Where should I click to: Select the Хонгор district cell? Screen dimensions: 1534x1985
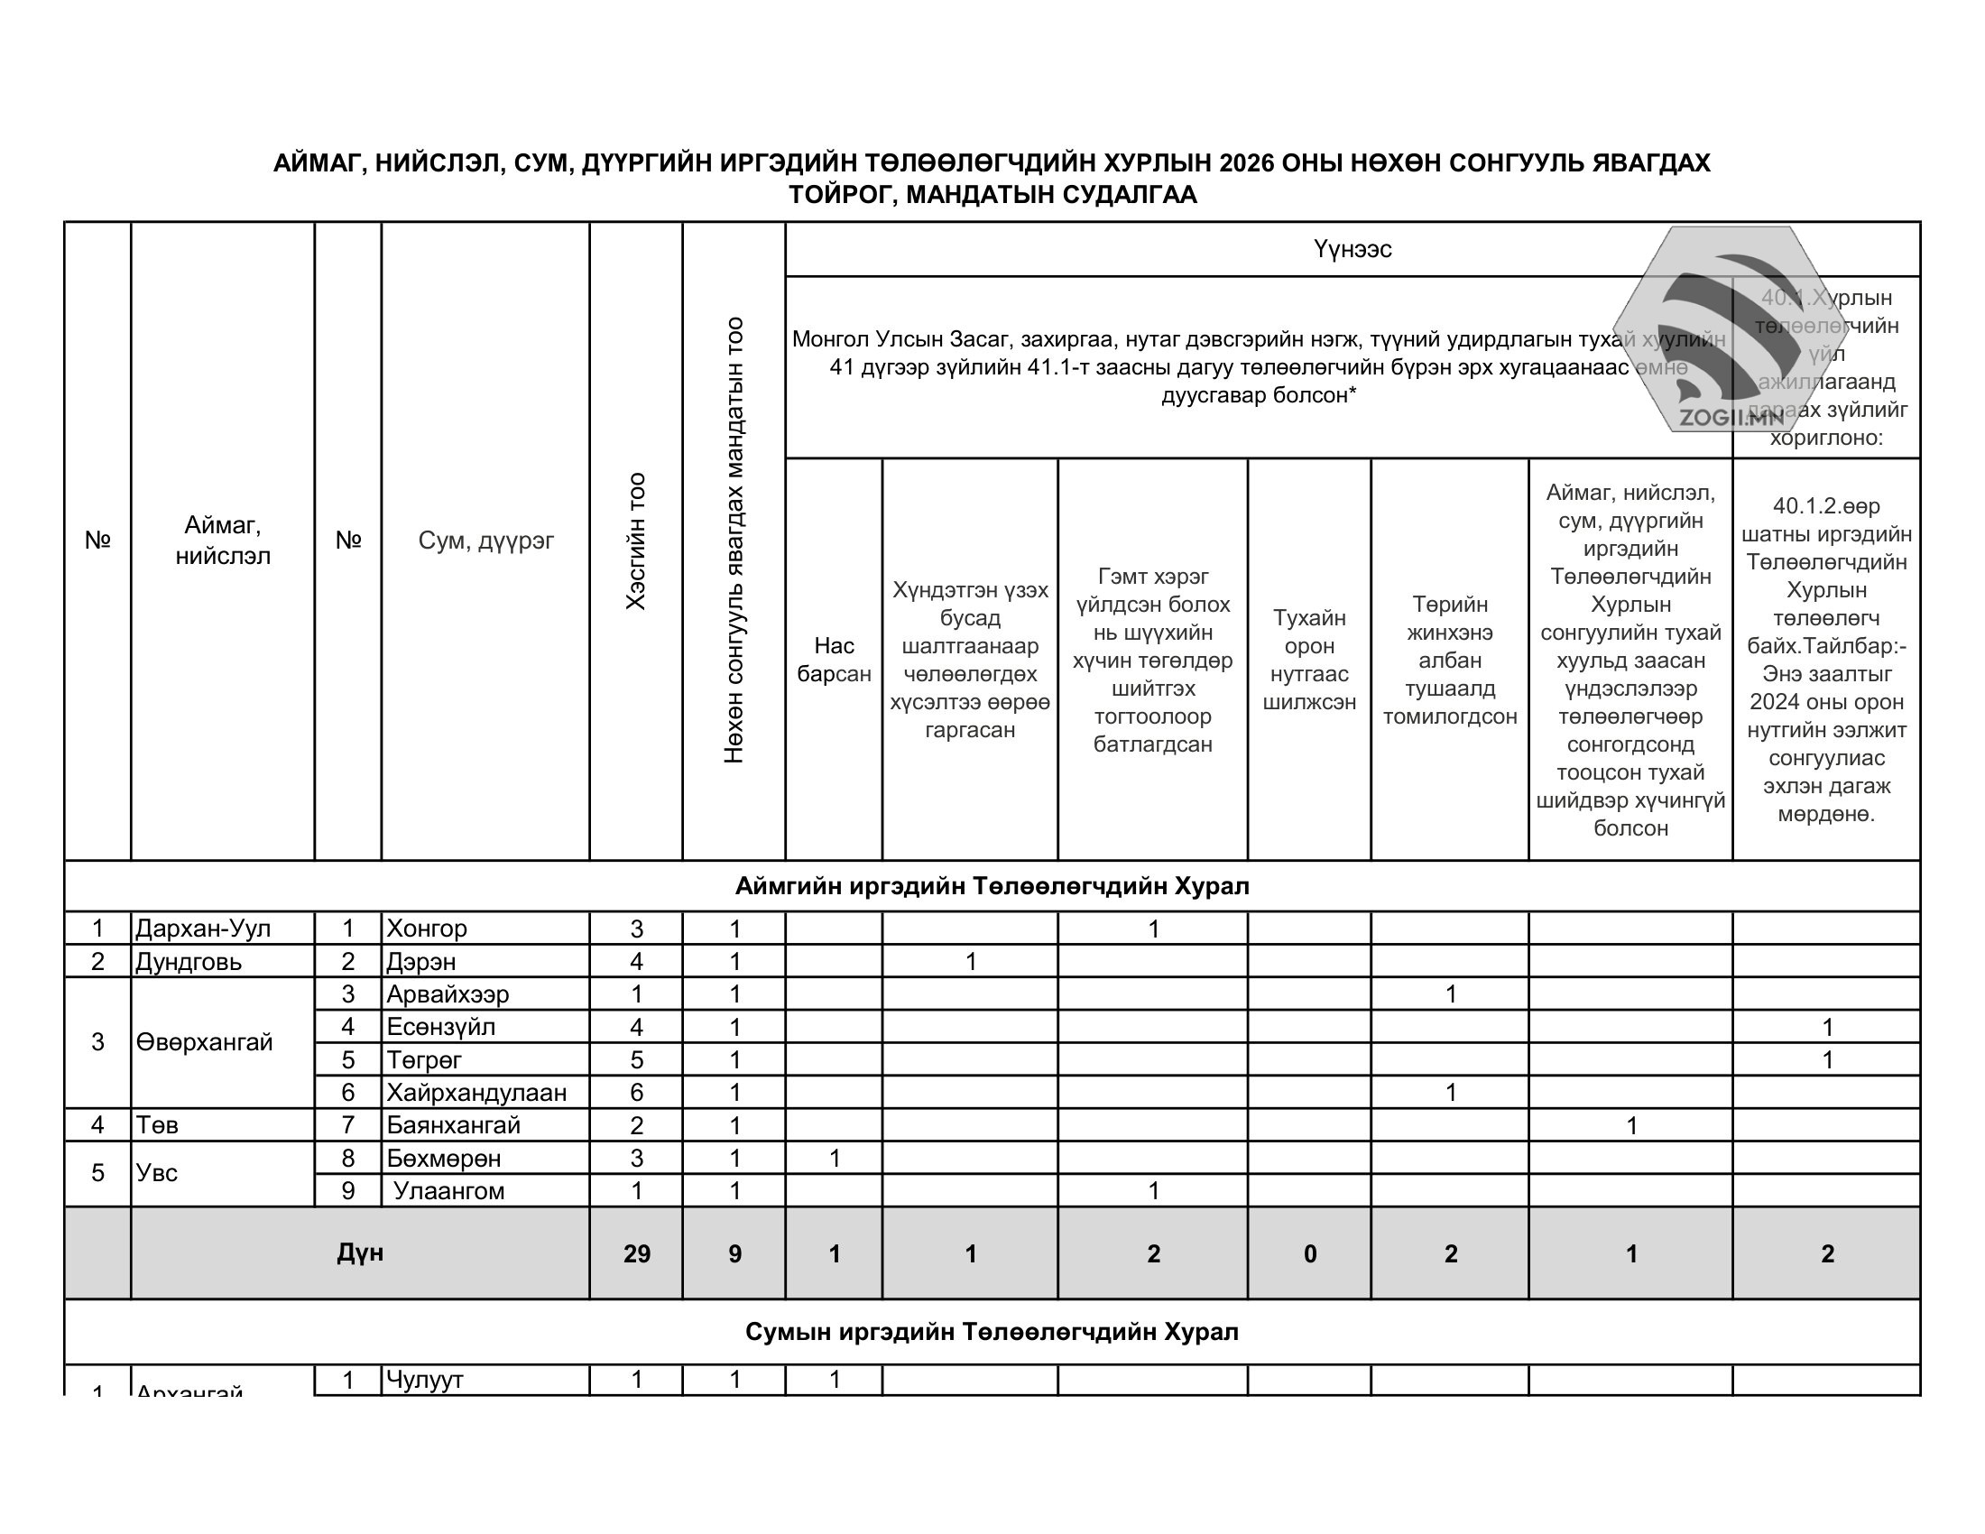[x=426, y=929]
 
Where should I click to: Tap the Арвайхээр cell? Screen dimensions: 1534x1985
[x=448, y=994]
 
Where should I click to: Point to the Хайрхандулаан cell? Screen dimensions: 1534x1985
[x=476, y=1093]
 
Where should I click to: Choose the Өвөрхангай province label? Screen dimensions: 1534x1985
[x=205, y=1042]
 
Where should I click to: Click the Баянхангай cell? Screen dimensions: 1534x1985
[x=454, y=1125]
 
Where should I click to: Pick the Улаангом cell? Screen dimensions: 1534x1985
[x=448, y=1190]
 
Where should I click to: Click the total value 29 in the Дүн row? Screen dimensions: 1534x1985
[x=636, y=1254]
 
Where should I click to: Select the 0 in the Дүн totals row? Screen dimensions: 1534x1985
[x=1310, y=1254]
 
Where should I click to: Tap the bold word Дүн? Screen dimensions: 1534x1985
[x=360, y=1253]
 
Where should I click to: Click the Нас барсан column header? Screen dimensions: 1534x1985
[x=834, y=660]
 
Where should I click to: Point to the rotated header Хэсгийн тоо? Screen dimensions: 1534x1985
[x=636, y=541]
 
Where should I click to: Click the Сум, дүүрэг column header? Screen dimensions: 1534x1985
[x=485, y=541]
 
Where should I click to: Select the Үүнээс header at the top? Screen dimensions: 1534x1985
[x=1352, y=249]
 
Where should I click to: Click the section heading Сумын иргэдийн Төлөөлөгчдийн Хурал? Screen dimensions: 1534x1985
[x=992, y=1332]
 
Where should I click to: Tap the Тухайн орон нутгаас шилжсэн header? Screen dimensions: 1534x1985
[x=1309, y=660]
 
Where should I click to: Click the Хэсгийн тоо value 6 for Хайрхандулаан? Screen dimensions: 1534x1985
[x=636, y=1093]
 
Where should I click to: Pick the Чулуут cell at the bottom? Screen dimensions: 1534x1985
[x=424, y=1380]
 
